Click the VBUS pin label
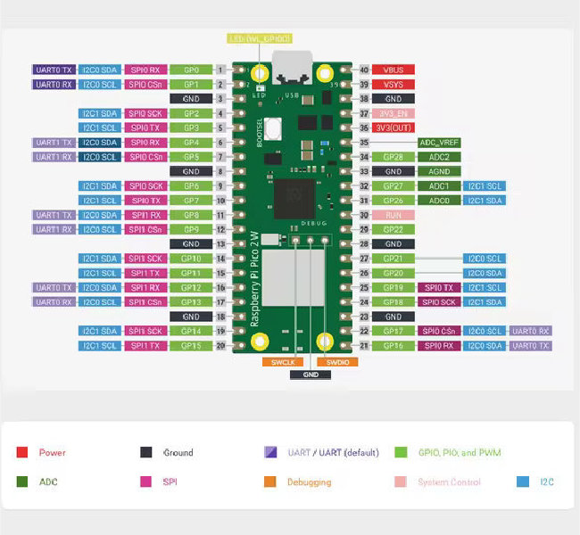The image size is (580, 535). tap(394, 70)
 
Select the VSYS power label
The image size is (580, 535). tap(394, 84)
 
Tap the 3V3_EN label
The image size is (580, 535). tap(394, 113)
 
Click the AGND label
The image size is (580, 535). tap(439, 171)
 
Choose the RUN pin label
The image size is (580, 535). tap(394, 215)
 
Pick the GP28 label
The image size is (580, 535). tap(394, 157)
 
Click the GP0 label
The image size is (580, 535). tap(191, 70)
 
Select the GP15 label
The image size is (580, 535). tap(191, 345)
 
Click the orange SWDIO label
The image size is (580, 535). tap(337, 362)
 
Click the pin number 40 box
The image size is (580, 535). tap(364, 70)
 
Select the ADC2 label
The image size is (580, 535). tap(439, 157)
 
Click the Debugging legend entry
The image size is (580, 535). tap(309, 482)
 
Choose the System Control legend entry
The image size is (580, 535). tap(449, 482)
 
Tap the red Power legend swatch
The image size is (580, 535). tap(22, 453)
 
